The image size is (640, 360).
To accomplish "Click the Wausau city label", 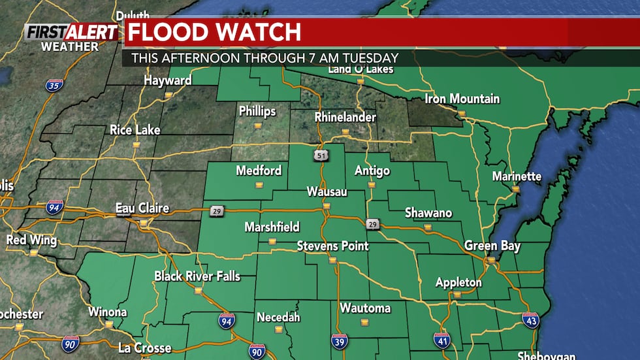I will click(x=327, y=192).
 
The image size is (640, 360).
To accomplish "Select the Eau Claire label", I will click(x=142, y=208).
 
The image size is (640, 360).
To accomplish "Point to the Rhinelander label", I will click(x=345, y=118).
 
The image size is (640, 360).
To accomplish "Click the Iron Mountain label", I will click(x=462, y=99).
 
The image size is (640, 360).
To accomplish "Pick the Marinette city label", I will click(x=517, y=176).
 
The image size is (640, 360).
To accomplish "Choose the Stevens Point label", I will click(x=333, y=246).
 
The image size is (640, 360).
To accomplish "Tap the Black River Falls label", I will click(x=197, y=276).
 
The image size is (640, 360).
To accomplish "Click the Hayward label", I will click(x=168, y=81).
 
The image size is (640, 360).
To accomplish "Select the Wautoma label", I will click(x=365, y=308).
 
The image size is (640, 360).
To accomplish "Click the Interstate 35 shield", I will click(x=54, y=86).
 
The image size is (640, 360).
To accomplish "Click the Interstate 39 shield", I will click(x=339, y=341).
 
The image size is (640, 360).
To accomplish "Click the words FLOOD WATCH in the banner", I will click(x=214, y=32).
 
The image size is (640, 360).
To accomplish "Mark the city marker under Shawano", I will click(x=428, y=227).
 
